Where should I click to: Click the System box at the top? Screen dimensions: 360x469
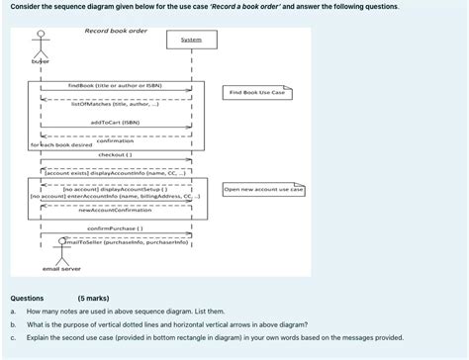tap(191, 41)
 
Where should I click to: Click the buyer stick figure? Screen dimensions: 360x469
tap(41, 44)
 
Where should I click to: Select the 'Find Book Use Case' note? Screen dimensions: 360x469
tap(257, 92)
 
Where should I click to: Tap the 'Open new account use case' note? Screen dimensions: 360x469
tap(263, 189)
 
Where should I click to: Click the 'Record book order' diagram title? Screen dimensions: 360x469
tap(116, 31)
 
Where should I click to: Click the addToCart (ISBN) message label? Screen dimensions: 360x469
tap(115, 123)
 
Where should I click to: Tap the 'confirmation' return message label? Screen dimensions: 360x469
tap(115, 140)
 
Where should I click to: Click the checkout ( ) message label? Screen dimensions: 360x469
tap(115, 154)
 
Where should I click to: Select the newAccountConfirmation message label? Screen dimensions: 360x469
tap(115, 210)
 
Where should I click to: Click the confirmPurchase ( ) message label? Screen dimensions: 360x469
tap(115, 228)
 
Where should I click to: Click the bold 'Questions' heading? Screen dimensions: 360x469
tap(27, 297)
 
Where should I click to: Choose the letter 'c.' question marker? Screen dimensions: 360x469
tap(13, 336)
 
